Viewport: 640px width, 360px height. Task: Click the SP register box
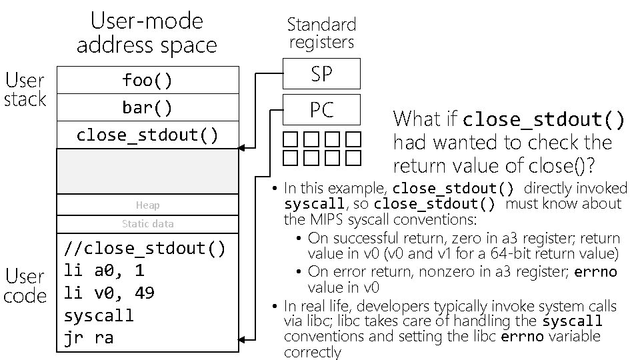[321, 74]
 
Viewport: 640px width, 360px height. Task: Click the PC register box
[321, 110]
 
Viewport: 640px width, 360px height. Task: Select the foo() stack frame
[147, 80]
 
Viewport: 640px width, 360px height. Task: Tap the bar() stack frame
[147, 107]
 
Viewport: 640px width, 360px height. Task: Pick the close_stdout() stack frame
[147, 135]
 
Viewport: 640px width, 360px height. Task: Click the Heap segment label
[147, 205]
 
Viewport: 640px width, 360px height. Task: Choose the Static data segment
[147, 224]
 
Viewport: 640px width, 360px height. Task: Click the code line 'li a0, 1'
[104, 271]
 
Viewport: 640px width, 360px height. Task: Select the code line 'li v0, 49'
[109, 293]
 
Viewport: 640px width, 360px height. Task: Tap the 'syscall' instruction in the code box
[99, 315]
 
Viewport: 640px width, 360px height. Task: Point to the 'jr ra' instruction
[88, 337]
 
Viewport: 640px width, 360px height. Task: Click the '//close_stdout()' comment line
[145, 249]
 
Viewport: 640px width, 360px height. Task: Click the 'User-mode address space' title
[147, 33]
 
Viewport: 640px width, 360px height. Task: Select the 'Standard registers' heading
[321, 33]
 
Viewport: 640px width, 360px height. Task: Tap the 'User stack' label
[25, 90]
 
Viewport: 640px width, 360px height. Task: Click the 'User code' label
[25, 285]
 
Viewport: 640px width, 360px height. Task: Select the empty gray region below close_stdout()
[147, 171]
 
